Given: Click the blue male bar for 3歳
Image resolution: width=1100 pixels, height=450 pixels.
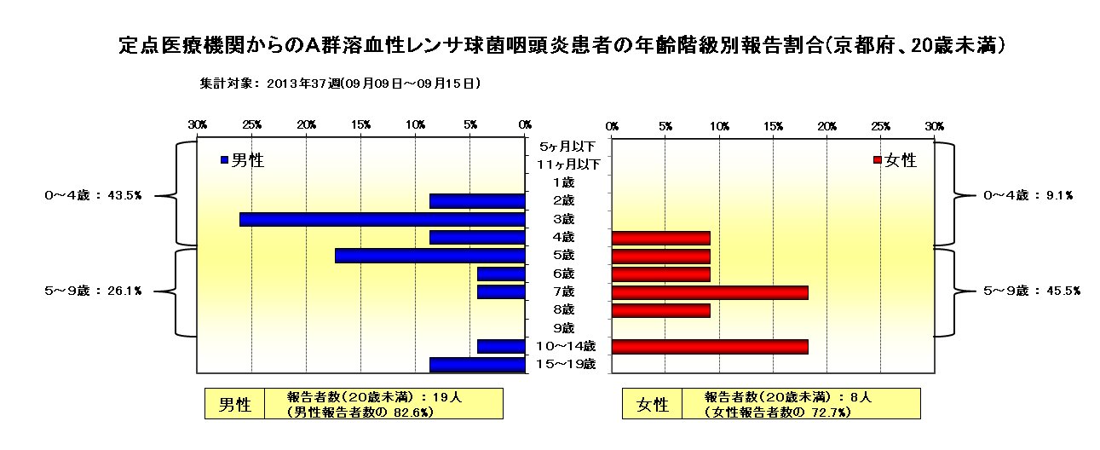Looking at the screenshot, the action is pos(383,220).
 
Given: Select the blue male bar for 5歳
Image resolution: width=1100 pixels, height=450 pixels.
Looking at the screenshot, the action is pos(430,256).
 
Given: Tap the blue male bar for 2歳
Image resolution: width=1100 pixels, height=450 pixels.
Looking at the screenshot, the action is pos(477,201).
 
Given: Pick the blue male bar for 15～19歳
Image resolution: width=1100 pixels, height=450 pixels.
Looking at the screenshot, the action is pos(477,365).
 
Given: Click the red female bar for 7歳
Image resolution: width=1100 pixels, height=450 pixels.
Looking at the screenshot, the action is pos(710,293).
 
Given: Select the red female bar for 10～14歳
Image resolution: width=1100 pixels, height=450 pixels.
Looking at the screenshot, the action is pos(710,347).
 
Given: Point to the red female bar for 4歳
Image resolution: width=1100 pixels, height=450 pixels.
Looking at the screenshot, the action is pos(661,239).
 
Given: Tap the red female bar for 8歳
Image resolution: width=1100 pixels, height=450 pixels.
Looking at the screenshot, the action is pos(661,311).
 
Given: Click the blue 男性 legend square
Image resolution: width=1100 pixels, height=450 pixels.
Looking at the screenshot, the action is pos(224,160).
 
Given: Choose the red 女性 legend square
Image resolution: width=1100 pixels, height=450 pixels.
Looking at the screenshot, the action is pos(878,160).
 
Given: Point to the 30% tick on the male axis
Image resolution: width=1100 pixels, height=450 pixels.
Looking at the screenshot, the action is pos(198,125).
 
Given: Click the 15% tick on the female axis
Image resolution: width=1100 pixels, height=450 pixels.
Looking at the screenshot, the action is pos(773,127).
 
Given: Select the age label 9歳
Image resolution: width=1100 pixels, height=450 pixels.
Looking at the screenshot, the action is pos(564,327).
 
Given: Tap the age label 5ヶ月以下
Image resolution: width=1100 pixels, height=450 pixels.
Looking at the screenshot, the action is pos(567,147).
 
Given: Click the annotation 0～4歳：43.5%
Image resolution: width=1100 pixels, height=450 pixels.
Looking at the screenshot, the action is pos(94,195).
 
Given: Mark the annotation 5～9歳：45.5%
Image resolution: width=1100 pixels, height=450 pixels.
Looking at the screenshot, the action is pos(1032,291).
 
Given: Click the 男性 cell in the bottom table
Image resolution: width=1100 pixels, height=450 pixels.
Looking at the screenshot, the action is pos(234,404).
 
